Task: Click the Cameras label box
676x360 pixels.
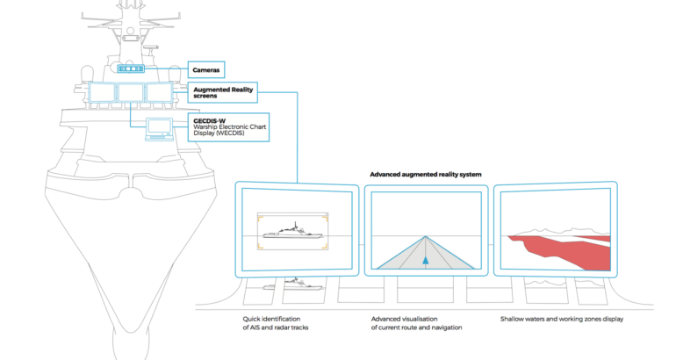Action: pyautogui.click(x=208, y=68)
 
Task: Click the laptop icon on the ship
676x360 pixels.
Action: pyautogui.click(x=158, y=128)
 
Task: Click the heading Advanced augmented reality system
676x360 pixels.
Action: pyautogui.click(x=425, y=175)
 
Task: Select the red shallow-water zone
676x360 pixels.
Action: pyautogui.click(x=562, y=249)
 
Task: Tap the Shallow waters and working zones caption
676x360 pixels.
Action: pyautogui.click(x=562, y=319)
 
